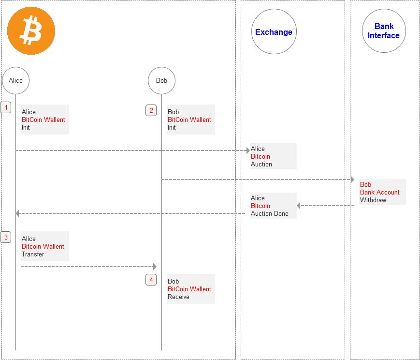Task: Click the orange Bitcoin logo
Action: (x=31, y=31)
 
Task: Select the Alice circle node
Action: (x=16, y=80)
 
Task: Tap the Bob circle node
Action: (x=161, y=80)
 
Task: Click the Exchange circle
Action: (x=274, y=32)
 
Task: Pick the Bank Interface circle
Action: (x=384, y=31)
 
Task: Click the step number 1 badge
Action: (x=6, y=107)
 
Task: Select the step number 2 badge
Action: (x=151, y=110)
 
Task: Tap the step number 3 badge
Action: (x=6, y=237)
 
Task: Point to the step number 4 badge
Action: (x=151, y=280)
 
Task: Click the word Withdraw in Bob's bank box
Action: (x=373, y=200)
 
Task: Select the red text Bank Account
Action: (x=379, y=192)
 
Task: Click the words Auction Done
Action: (x=269, y=213)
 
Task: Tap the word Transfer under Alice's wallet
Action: (x=33, y=254)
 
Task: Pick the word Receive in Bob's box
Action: (x=178, y=297)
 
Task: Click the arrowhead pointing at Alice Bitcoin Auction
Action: (x=248, y=150)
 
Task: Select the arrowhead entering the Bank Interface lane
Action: (x=352, y=180)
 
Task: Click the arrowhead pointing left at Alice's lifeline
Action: (x=18, y=213)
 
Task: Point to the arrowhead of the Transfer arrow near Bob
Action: (x=155, y=267)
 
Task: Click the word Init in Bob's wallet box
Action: (x=172, y=127)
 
